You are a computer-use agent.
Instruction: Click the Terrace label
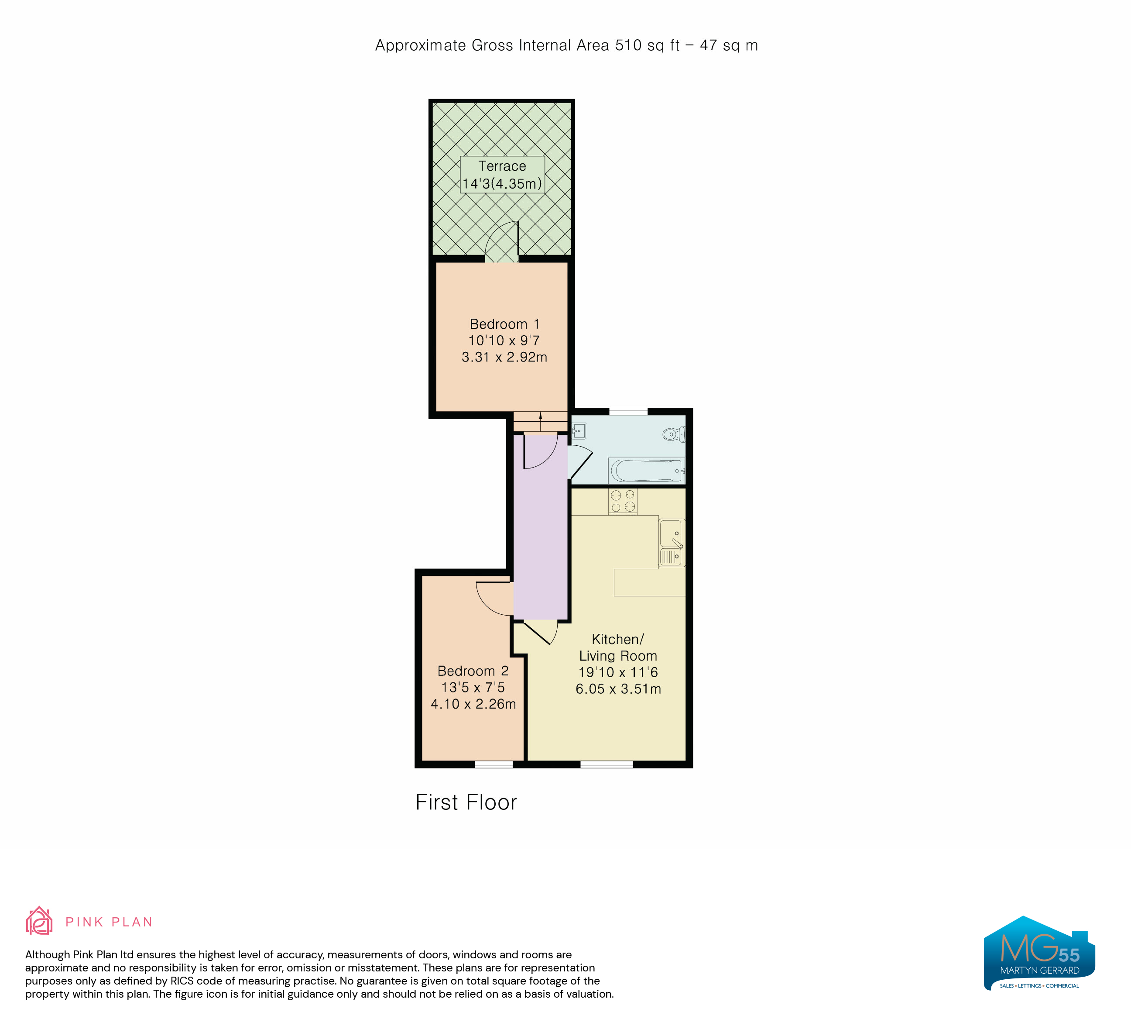coord(502,166)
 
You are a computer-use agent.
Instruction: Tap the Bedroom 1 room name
coord(504,324)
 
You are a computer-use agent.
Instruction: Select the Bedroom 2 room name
coord(473,671)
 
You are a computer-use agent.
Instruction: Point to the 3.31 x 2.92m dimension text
coord(504,357)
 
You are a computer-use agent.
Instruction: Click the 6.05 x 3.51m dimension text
coord(618,689)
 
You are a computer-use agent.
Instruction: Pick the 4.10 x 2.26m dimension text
coord(473,704)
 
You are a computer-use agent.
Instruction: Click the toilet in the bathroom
coord(673,434)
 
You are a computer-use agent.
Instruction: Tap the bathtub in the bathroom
coord(646,470)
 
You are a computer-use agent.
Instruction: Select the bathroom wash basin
coord(579,431)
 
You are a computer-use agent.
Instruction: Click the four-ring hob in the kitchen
coord(623,501)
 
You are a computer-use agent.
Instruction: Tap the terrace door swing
coord(501,241)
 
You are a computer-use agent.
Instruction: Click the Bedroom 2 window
coord(494,764)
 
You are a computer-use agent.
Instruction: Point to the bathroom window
coord(628,411)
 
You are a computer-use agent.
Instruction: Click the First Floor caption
coord(466,802)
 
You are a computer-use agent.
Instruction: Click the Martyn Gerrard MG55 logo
coord(1039,953)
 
